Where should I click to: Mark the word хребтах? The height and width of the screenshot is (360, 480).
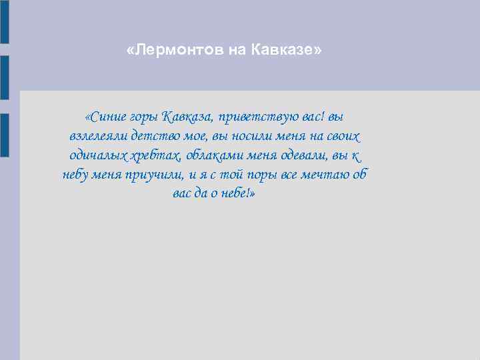(156, 156)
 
